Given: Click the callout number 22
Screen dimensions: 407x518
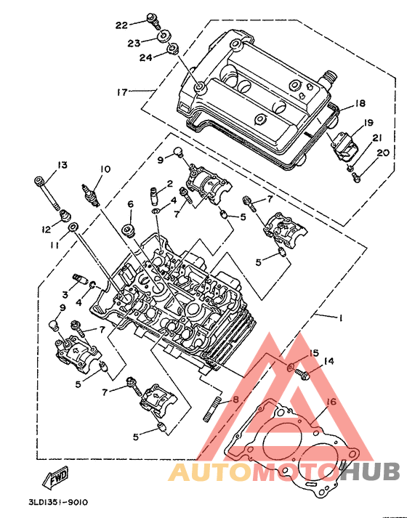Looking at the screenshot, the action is (x=121, y=25).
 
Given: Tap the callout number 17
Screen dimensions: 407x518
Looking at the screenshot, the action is (x=122, y=92).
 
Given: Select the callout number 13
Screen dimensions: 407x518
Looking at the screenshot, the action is (x=62, y=164).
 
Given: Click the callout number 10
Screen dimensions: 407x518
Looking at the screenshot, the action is (x=105, y=169).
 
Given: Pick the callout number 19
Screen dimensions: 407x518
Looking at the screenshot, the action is (x=368, y=123).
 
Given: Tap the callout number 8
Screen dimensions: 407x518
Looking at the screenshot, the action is (x=235, y=400).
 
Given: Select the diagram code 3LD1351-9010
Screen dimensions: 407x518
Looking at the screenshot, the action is (x=58, y=503).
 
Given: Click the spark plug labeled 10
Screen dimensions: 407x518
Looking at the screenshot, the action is (x=90, y=196).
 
